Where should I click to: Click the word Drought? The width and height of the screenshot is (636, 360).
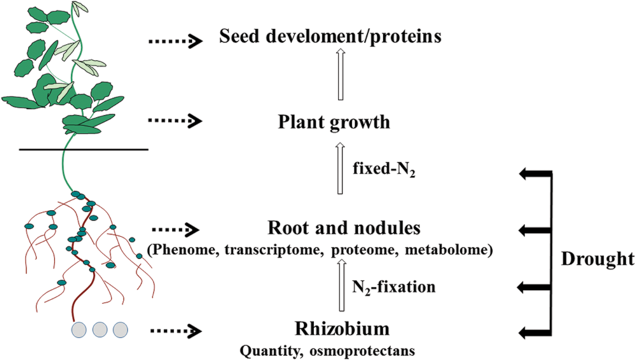point(598,260)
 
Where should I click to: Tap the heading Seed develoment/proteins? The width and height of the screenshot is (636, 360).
point(330,37)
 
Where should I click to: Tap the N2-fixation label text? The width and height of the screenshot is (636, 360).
point(394,286)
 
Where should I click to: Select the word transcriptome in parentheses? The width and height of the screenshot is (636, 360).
point(275,250)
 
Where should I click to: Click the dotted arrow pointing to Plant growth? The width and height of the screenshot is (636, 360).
point(175,120)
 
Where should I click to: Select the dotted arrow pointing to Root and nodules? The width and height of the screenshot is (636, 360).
point(175,228)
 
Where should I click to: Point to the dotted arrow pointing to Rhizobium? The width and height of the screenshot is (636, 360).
point(175,330)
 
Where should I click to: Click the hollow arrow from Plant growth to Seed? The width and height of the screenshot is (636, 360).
point(340,74)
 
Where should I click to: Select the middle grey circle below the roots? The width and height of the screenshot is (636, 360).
point(99,329)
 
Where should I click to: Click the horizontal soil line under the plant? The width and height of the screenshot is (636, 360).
point(83,149)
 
